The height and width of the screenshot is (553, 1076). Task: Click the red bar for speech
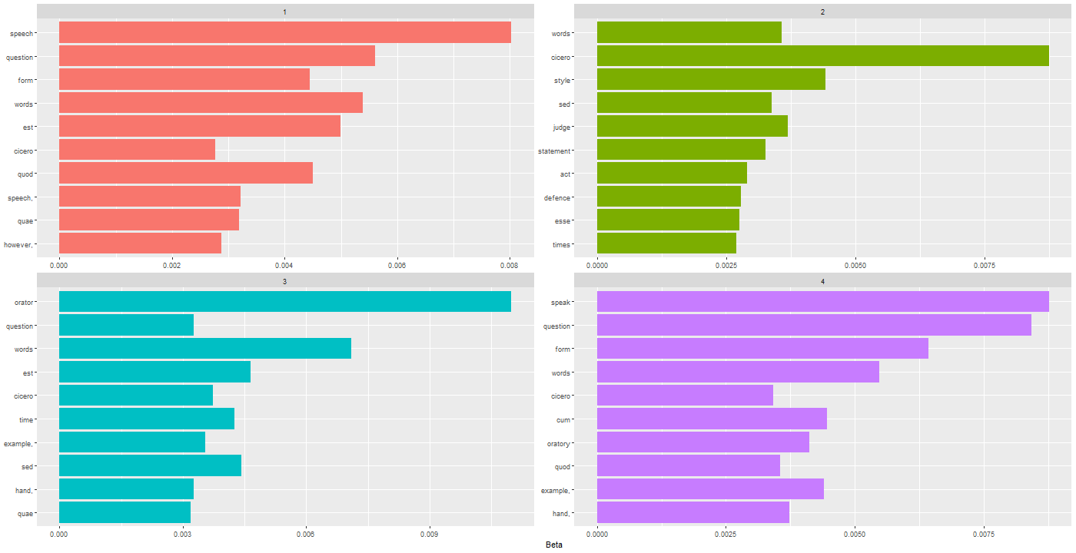(284, 33)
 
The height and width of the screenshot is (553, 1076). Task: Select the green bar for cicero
(822, 56)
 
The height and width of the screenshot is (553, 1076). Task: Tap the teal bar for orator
(284, 302)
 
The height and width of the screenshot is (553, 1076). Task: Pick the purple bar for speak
(822, 302)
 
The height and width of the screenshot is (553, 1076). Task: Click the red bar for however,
(140, 244)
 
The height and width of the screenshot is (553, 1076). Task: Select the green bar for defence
(669, 197)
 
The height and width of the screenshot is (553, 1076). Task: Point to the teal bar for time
(146, 419)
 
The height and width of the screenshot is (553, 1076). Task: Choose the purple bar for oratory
(702, 442)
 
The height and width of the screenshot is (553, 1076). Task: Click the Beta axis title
(553, 545)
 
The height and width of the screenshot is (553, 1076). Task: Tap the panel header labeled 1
(284, 12)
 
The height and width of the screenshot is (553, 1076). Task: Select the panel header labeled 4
(822, 282)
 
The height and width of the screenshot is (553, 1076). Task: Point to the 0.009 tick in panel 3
(430, 534)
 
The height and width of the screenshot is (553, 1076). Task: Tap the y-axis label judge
(561, 127)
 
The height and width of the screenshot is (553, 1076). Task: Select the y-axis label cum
(563, 420)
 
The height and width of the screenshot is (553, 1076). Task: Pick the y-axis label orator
(24, 303)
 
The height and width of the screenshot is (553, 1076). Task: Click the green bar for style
(711, 80)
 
